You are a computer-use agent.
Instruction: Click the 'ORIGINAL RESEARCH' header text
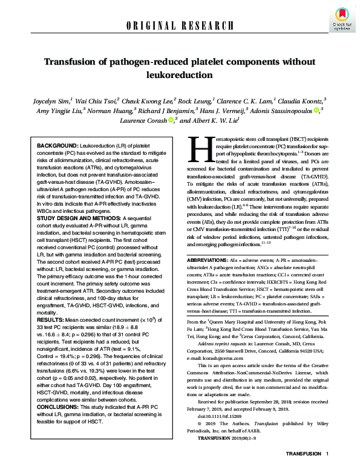[180, 25]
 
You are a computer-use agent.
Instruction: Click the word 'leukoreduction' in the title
[180, 76]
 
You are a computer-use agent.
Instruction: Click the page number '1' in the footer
[327, 462]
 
